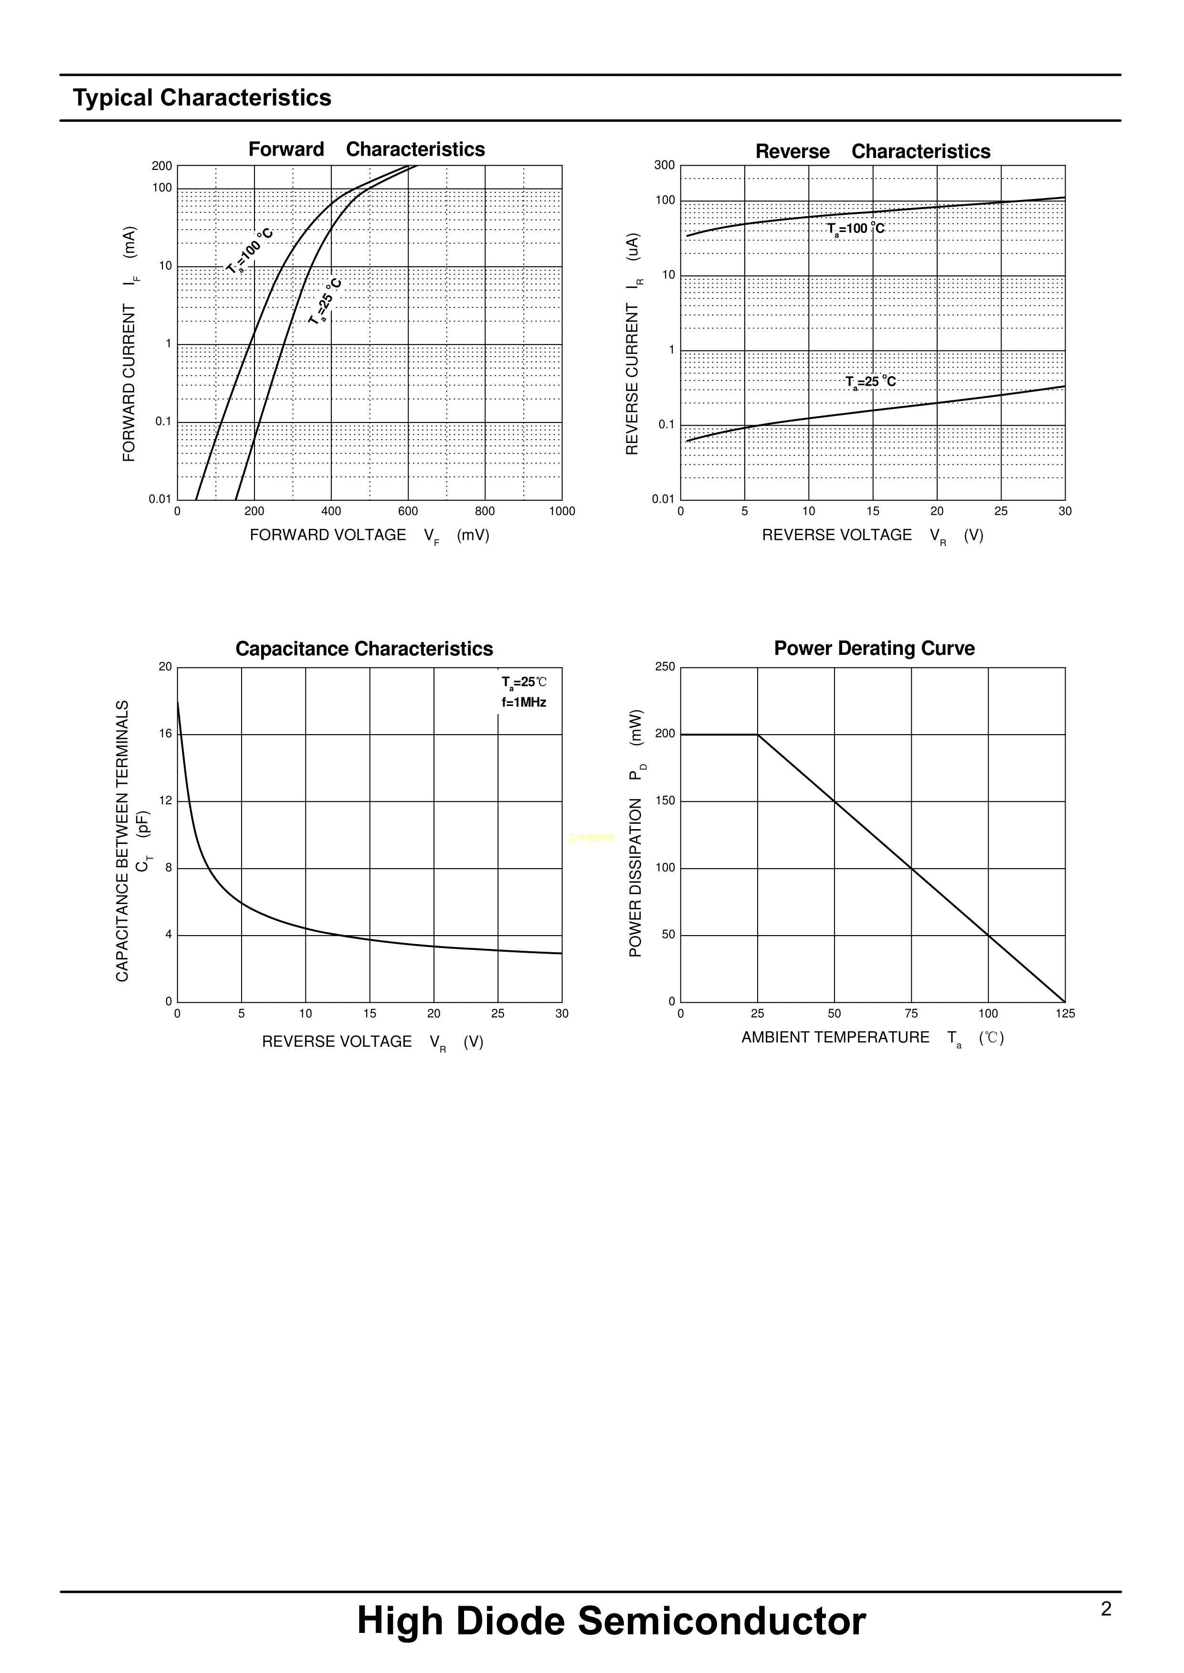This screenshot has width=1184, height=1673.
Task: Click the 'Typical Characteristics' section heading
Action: click(x=202, y=98)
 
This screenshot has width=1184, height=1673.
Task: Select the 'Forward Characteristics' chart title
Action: click(x=366, y=149)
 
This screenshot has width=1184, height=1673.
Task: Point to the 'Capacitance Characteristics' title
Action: click(x=364, y=649)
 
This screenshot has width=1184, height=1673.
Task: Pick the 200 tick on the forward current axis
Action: click(x=162, y=166)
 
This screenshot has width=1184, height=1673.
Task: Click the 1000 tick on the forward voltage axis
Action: click(x=561, y=512)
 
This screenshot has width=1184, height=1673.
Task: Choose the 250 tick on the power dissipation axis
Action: click(x=665, y=667)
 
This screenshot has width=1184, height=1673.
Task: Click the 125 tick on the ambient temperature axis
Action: click(x=1065, y=1014)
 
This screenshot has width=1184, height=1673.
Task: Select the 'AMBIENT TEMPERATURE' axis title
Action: click(x=835, y=1037)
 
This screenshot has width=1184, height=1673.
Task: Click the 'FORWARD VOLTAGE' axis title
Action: click(x=328, y=535)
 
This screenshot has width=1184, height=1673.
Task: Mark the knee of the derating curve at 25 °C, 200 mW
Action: click(x=758, y=735)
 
